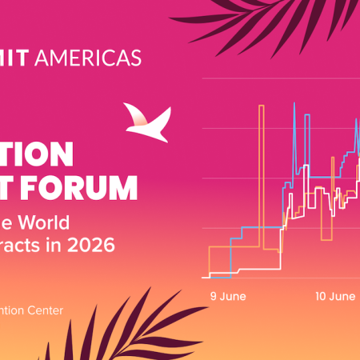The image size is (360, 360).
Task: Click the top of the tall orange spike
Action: pyautogui.click(x=261, y=106)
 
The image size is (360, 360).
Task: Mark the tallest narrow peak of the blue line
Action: pyautogui.click(x=294, y=103)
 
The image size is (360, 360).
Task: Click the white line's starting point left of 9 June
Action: pyautogui.click(x=205, y=278)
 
